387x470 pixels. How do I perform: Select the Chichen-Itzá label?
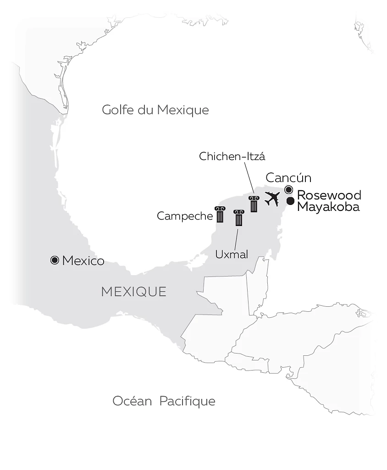232,157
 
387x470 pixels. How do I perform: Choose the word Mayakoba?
328,207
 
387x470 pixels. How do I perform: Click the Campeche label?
185,216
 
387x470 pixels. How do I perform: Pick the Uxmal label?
232,254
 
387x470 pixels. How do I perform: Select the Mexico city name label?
83,261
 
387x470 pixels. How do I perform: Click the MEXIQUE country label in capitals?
134,292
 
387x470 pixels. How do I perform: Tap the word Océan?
132,401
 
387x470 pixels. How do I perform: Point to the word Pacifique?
187,401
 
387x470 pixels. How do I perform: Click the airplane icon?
272,199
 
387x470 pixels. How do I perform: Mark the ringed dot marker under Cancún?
288,190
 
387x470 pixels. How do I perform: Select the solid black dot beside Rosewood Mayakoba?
290,201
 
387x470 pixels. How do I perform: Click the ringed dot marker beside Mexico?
55,260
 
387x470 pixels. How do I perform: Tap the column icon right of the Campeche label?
220,214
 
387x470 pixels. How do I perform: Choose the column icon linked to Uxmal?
238,218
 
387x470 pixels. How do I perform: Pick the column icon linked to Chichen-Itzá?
254,204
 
